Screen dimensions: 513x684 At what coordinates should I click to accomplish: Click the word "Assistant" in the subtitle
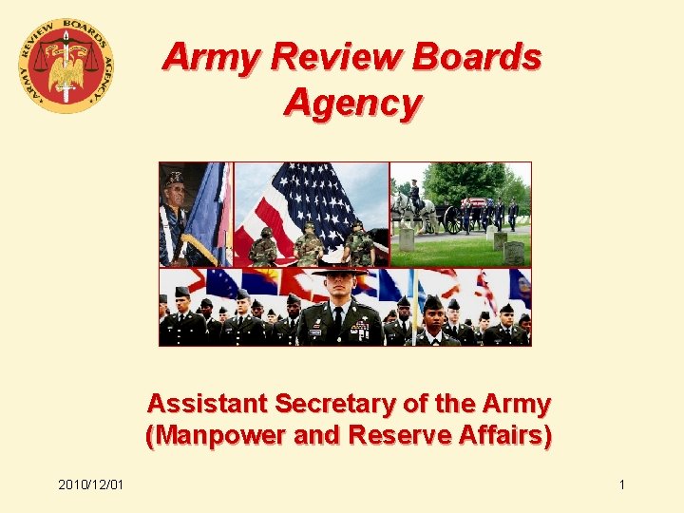pos(207,404)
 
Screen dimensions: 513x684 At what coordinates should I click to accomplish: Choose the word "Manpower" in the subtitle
pos(216,438)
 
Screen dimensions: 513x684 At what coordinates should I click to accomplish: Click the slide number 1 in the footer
pos(622,485)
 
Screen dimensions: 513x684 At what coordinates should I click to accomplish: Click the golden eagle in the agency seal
pos(66,67)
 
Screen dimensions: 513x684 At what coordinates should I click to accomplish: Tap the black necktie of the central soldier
pos(340,321)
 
